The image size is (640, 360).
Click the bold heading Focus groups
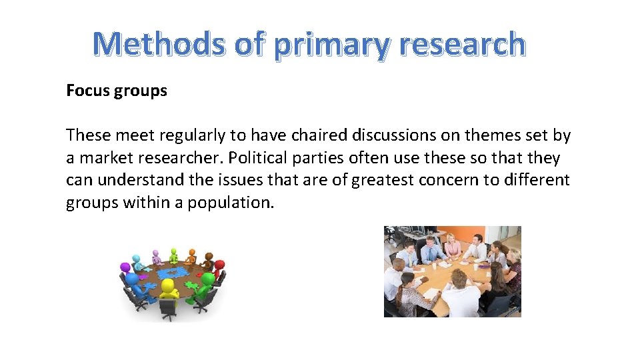pyautogui.click(x=117, y=91)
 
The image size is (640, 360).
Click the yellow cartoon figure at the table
pyautogui.click(x=169, y=291)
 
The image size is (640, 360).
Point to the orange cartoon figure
pyautogui.click(x=191, y=255)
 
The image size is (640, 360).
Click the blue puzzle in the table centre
pyautogui.click(x=171, y=271)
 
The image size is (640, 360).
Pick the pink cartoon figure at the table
pyautogui.click(x=157, y=255)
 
